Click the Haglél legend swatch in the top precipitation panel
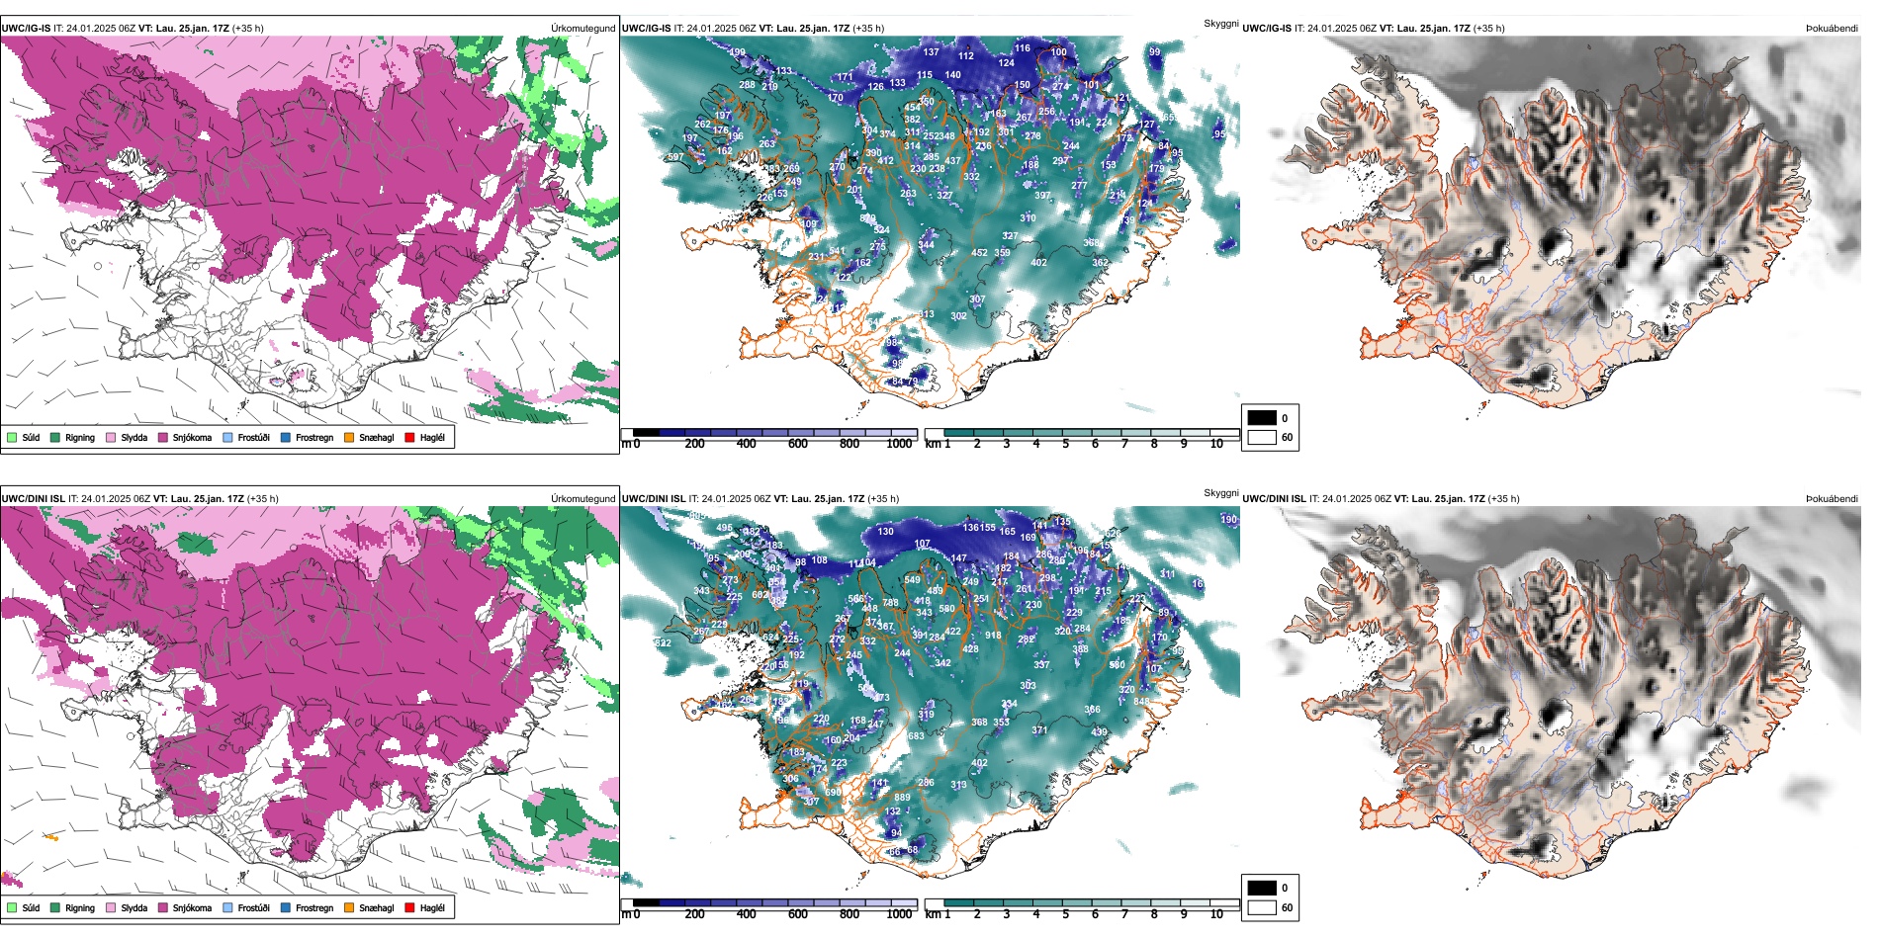tap(409, 437)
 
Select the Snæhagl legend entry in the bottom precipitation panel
tap(349, 907)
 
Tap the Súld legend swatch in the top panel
tap(12, 437)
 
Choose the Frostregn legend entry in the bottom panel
tap(286, 907)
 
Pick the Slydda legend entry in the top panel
tap(111, 437)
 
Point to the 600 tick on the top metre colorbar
tap(798, 444)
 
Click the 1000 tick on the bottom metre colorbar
tap(899, 914)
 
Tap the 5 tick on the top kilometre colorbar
tap(1065, 444)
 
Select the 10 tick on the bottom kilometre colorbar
tap(1216, 914)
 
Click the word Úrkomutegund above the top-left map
tap(582, 29)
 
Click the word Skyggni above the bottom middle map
tap(1220, 492)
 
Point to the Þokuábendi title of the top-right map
tap(1832, 29)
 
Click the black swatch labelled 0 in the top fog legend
tap(1262, 418)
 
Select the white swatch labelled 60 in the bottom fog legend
tap(1262, 907)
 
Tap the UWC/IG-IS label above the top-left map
tap(26, 29)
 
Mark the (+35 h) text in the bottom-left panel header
tap(262, 499)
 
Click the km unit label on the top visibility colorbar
tap(933, 444)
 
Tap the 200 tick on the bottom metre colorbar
tap(695, 914)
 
